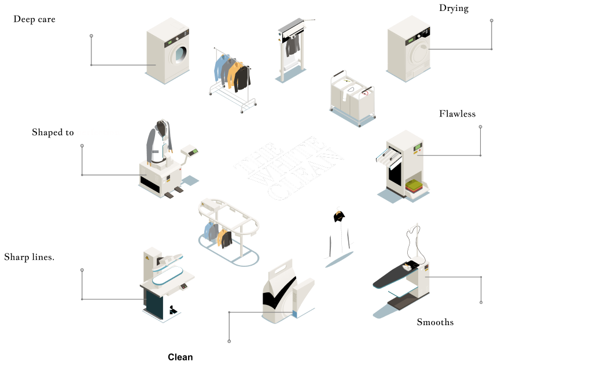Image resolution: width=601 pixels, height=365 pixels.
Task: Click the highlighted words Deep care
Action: [x=34, y=20]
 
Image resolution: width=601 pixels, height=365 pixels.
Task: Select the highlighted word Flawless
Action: [x=456, y=114]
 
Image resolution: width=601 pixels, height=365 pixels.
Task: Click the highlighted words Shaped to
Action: [x=52, y=133]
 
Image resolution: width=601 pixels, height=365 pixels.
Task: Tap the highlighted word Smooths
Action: [x=434, y=322]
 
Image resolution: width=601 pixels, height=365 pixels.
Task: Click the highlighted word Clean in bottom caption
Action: [x=179, y=357]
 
